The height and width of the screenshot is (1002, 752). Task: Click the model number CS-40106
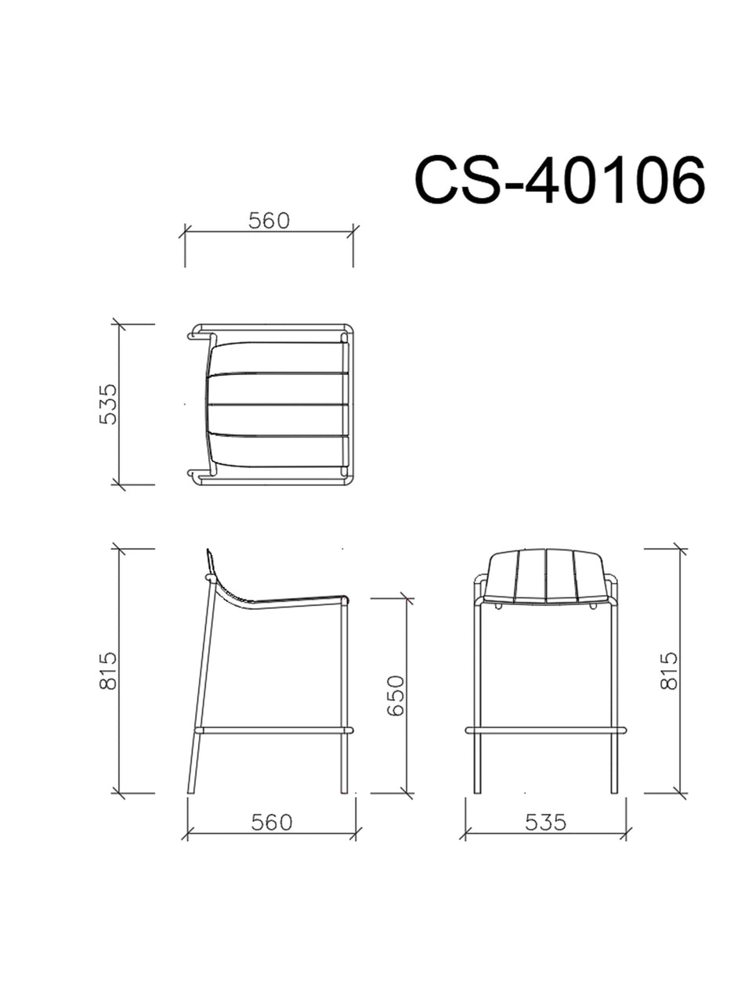coord(559,179)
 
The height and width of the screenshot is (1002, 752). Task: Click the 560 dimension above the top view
coord(269,222)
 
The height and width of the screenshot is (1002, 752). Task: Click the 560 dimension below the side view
coord(271,823)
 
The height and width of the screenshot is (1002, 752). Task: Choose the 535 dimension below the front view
coord(545,823)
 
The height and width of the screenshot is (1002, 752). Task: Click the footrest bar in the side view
coord(274,730)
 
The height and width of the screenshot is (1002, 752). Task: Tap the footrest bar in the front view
coord(546,730)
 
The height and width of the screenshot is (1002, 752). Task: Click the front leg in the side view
coord(344,697)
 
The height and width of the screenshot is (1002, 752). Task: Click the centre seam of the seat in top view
coord(278,403)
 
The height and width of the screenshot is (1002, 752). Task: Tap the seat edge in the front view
coord(546,603)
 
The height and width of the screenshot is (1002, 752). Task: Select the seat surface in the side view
coord(298,600)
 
